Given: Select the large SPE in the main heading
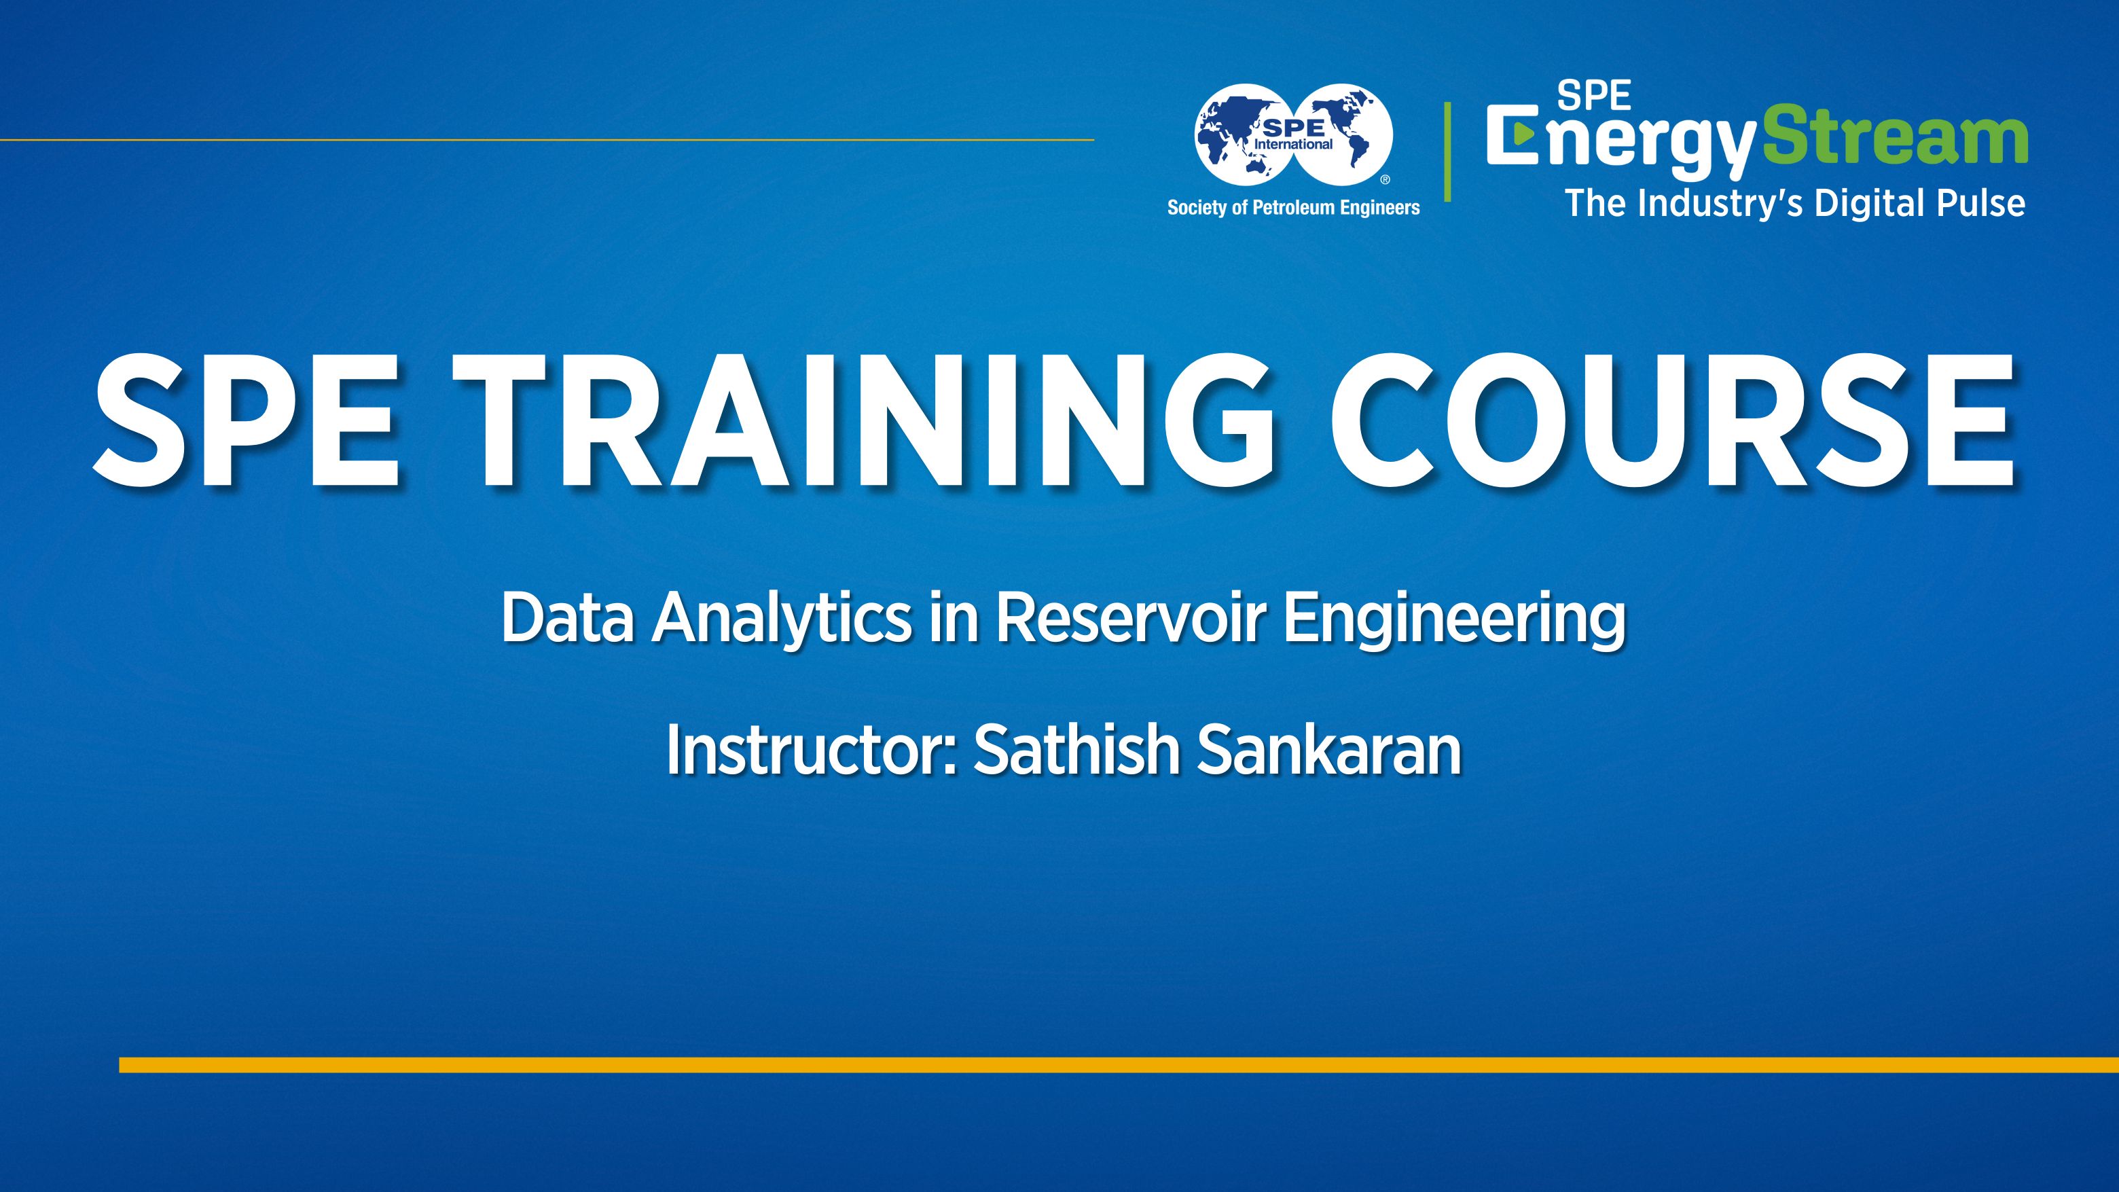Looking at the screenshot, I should [x=247, y=422].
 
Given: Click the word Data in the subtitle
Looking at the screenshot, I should [x=568, y=619].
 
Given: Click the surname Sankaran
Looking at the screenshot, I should [x=1328, y=751].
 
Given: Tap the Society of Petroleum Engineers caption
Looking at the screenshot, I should [x=1293, y=207].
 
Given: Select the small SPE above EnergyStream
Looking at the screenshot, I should [x=1593, y=97].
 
